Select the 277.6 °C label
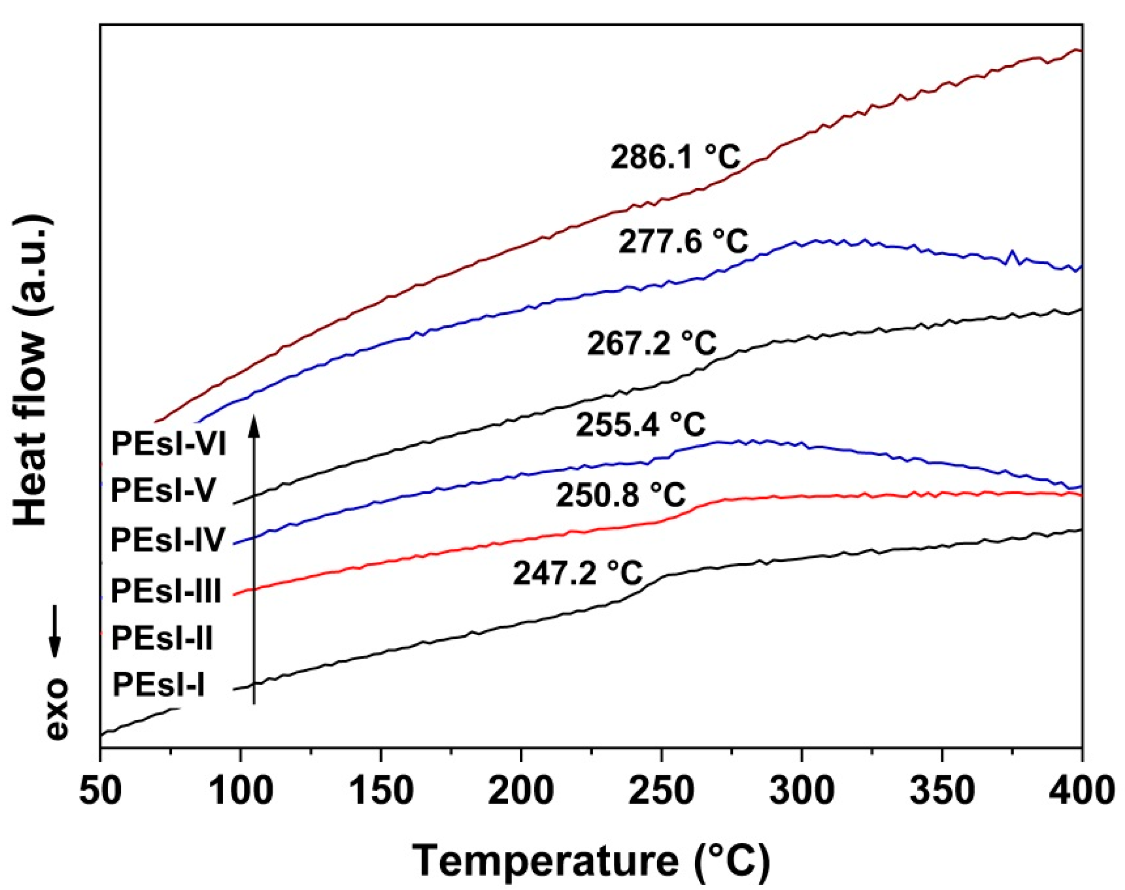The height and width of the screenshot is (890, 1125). [683, 242]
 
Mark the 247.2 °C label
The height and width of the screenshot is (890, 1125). [577, 573]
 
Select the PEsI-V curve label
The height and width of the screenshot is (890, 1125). [162, 491]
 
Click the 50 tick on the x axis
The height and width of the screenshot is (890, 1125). [101, 791]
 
